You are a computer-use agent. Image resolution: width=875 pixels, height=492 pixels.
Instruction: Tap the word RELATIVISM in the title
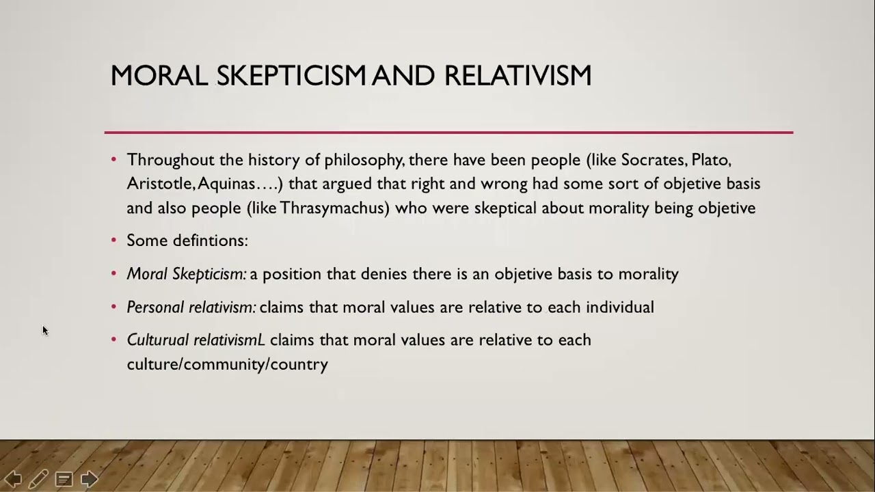click(517, 76)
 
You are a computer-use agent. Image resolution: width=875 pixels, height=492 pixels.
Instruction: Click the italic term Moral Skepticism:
click(187, 274)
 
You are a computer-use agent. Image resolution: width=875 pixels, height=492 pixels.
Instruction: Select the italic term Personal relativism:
click(191, 307)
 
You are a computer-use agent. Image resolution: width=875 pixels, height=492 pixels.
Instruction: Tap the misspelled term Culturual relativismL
click(196, 340)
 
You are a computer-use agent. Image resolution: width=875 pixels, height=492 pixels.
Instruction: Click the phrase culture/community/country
click(227, 364)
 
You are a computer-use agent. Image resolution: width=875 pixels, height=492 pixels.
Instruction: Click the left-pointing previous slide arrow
click(13, 479)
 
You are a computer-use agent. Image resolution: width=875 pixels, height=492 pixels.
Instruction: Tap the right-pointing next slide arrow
click(90, 479)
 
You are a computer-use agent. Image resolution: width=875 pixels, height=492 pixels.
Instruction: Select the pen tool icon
click(38, 479)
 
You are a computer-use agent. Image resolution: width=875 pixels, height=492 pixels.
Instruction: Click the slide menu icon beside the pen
click(64, 479)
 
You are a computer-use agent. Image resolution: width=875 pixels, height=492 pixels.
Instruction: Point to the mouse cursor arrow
click(45, 331)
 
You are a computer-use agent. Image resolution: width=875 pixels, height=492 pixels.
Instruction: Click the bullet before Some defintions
click(114, 241)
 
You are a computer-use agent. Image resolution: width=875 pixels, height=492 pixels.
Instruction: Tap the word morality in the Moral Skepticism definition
click(648, 274)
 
